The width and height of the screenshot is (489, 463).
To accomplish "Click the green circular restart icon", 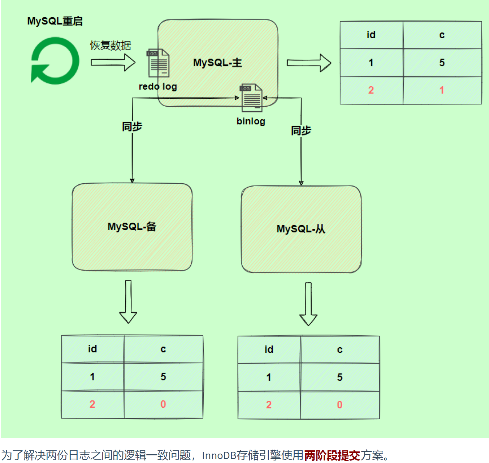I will [x=55, y=61].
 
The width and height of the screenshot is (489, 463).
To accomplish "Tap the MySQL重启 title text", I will [x=55, y=21].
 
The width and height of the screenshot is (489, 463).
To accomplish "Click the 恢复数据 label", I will [x=111, y=46].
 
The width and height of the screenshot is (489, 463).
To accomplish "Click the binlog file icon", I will [x=251, y=98].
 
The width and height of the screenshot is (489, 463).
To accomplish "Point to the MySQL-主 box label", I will [x=217, y=63].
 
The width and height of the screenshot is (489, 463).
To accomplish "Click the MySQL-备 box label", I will [x=132, y=227].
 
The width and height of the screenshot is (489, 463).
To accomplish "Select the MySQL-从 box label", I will [x=301, y=229].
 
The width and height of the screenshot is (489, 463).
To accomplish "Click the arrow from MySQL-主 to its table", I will [x=309, y=63].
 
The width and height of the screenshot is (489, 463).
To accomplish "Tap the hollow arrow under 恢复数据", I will [x=113, y=62].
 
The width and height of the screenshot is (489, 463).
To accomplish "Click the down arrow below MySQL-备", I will [x=128, y=301].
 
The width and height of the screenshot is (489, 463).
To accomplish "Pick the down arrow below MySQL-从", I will [x=308, y=304].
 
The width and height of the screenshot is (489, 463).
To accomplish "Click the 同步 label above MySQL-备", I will [x=132, y=127].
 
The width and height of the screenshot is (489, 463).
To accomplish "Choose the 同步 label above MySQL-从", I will [x=301, y=130].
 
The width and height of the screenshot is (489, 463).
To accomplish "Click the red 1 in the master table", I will [x=442, y=90].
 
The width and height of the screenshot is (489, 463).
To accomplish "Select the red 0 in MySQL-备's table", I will [x=163, y=404].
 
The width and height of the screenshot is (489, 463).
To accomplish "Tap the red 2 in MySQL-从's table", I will [x=269, y=405].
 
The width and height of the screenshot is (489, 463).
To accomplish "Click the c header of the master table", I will [x=442, y=35].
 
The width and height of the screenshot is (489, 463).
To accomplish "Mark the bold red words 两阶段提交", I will [x=332, y=455].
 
